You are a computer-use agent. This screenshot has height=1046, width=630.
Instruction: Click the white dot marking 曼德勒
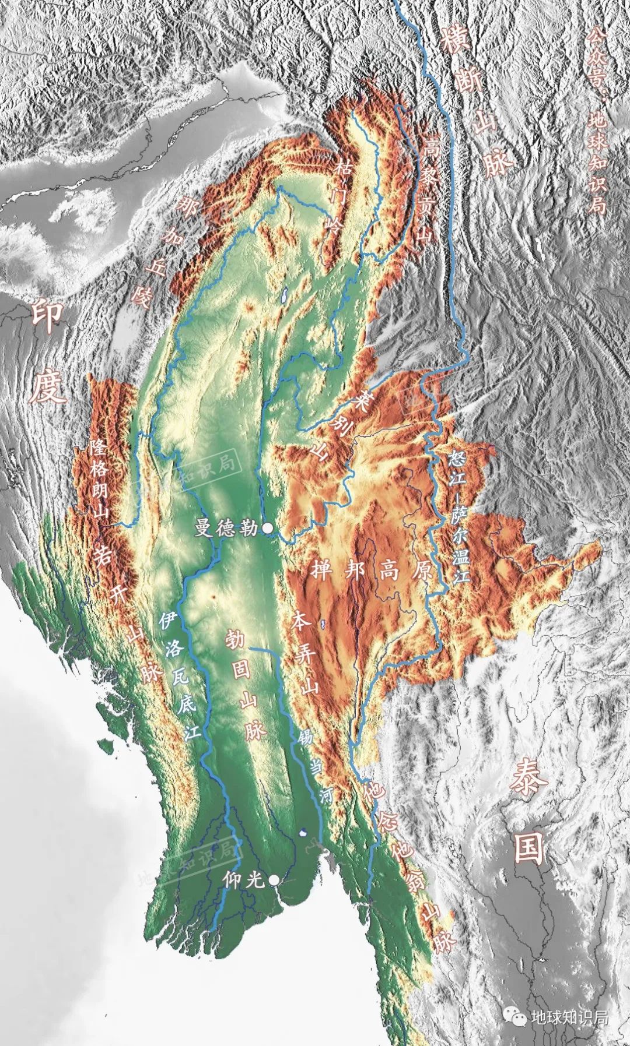[x=268, y=528]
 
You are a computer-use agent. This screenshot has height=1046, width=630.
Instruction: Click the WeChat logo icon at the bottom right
[x=516, y=1017]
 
